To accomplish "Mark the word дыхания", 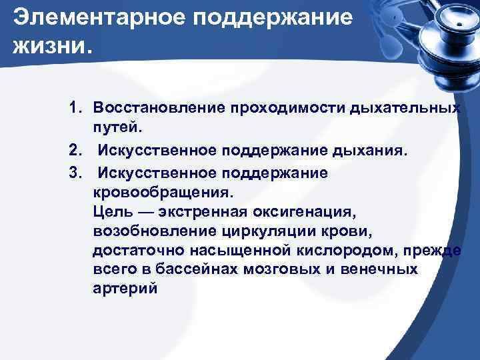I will coord(370,151).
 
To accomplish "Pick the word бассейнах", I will coord(198,269).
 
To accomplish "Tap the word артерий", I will coord(125,289).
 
